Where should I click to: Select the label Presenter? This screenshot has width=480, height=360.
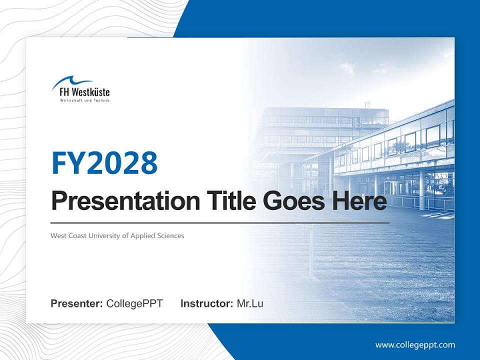tap(77, 303)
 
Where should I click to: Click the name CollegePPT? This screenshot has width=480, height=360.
tap(134, 303)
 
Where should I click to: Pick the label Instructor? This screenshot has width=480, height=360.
tap(207, 303)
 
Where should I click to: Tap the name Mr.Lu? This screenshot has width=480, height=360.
tap(250, 303)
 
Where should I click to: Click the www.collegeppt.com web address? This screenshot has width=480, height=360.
tap(415, 345)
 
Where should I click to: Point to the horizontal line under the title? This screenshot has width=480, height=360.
tap(220, 222)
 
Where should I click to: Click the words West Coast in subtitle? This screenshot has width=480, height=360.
tap(68, 235)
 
